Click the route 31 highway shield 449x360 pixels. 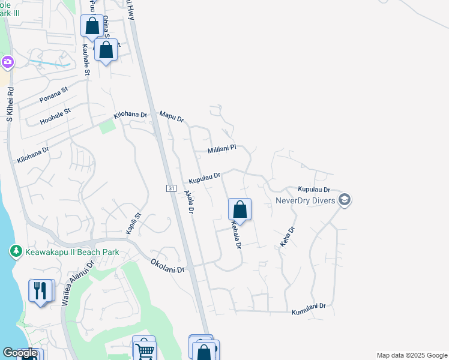[x=170, y=188]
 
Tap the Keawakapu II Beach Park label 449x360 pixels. [x=71, y=253]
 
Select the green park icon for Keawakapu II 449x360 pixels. [x=16, y=252]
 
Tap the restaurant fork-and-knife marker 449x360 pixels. [x=41, y=291]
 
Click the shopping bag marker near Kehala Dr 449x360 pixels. [x=240, y=209]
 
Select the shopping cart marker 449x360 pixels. [x=144, y=349]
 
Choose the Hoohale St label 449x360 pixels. [x=55, y=116]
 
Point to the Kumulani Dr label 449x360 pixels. [x=309, y=309]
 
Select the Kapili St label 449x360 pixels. [x=133, y=223]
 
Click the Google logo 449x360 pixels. [x=20, y=353]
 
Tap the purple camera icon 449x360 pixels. [x=7, y=62]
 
